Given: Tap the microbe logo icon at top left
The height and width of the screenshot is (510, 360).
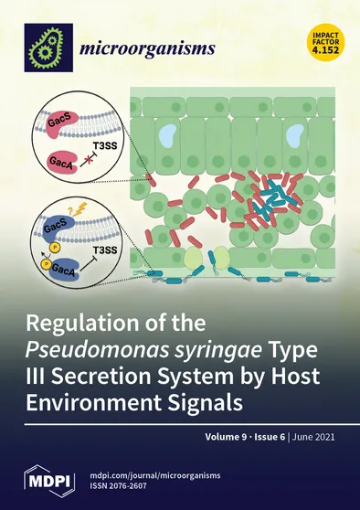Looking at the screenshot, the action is point(48,47).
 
